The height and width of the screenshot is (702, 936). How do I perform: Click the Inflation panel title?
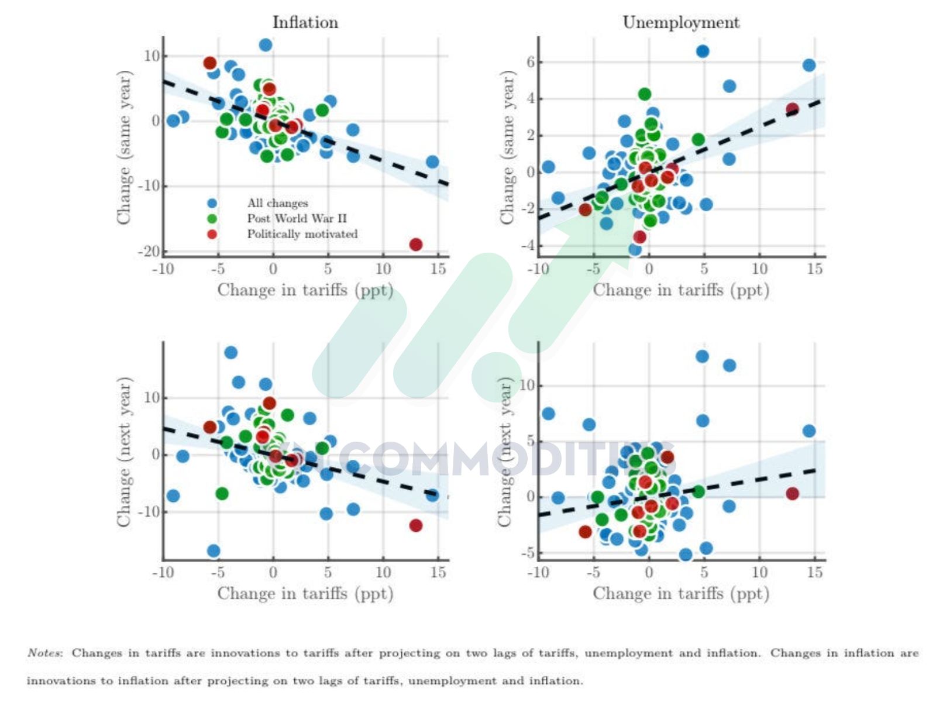[x=305, y=22]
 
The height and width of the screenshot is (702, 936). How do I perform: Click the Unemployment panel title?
[x=680, y=22]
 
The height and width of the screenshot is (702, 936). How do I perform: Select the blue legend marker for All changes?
[x=212, y=203]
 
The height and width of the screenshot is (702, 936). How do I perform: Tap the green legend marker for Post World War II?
[x=212, y=219]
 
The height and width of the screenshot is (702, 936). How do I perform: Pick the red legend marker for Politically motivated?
[x=212, y=234]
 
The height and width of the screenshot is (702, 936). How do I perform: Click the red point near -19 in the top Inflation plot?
[x=416, y=245]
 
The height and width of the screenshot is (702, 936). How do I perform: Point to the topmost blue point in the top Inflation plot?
[x=266, y=45]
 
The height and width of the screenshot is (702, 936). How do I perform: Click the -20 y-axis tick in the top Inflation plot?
[x=149, y=252]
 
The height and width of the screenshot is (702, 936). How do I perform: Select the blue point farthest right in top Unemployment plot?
[x=809, y=66]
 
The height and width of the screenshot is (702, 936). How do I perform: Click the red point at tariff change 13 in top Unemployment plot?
[x=792, y=109]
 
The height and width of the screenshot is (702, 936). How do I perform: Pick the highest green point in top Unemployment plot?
[x=645, y=94]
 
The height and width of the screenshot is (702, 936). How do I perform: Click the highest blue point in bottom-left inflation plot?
[x=231, y=353]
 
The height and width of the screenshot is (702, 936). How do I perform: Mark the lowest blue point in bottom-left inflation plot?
[x=214, y=550]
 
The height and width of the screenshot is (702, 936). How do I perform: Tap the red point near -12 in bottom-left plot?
[x=416, y=525]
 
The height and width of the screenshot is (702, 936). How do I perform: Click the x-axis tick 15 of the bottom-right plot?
[x=814, y=572]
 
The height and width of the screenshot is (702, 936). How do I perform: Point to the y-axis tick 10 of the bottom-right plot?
[x=526, y=386]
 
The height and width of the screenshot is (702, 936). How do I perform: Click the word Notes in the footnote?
[x=44, y=653]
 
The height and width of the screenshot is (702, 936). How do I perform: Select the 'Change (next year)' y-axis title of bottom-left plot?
[x=124, y=452]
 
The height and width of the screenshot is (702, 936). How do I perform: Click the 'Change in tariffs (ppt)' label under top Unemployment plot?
[x=680, y=290]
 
